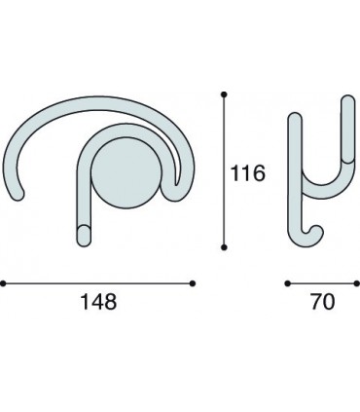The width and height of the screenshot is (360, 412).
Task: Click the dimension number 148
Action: tap(98, 302)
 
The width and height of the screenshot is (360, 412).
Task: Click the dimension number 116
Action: tap(247, 173)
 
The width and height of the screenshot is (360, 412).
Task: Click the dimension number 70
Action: tap(323, 302)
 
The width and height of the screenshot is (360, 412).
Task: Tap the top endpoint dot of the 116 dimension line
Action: tap(224, 94)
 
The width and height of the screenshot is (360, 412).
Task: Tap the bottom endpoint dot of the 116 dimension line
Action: tap(224, 247)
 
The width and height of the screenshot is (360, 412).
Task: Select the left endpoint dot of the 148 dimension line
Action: tap(3, 283)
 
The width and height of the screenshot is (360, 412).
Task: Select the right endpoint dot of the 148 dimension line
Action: tap(193, 283)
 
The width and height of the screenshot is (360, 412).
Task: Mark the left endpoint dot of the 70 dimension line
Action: tap(287, 283)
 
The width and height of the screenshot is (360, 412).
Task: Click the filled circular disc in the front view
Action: tap(126, 172)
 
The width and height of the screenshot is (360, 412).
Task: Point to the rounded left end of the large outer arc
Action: tap(17, 193)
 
